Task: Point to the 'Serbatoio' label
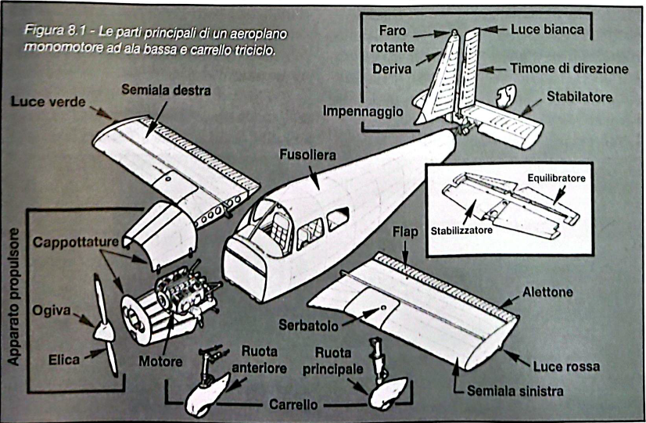311,323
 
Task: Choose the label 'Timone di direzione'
569,69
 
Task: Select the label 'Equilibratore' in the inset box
556,178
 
